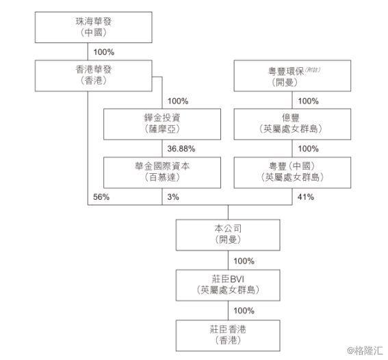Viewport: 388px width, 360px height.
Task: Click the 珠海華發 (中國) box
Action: (x=94, y=27)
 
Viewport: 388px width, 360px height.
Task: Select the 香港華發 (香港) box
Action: (x=94, y=76)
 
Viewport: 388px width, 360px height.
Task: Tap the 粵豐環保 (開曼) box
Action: (x=292, y=76)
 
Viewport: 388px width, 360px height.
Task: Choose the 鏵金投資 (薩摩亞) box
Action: (x=162, y=124)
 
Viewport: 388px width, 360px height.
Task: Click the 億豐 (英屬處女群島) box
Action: (x=292, y=124)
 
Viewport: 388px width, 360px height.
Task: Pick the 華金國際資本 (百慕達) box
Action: (x=162, y=172)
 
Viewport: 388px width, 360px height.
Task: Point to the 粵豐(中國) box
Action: (x=292, y=172)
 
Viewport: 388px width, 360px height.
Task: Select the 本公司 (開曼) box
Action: (x=228, y=235)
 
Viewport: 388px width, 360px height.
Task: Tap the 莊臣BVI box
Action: (x=228, y=285)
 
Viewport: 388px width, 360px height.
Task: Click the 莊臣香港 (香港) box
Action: (x=228, y=335)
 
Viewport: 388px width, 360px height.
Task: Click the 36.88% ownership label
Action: (x=181, y=149)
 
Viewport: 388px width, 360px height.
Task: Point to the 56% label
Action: (x=101, y=197)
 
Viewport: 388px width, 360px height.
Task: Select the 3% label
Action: (x=173, y=197)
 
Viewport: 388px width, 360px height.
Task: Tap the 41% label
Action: (x=306, y=197)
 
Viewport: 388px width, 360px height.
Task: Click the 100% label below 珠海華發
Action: (x=104, y=52)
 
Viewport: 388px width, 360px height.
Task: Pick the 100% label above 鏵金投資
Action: (x=178, y=101)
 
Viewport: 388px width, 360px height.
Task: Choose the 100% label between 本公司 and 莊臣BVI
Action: (x=244, y=261)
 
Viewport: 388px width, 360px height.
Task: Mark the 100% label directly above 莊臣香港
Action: (x=244, y=311)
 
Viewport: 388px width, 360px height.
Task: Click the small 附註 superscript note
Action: (x=313, y=70)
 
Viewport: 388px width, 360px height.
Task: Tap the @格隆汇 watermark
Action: (x=365, y=350)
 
